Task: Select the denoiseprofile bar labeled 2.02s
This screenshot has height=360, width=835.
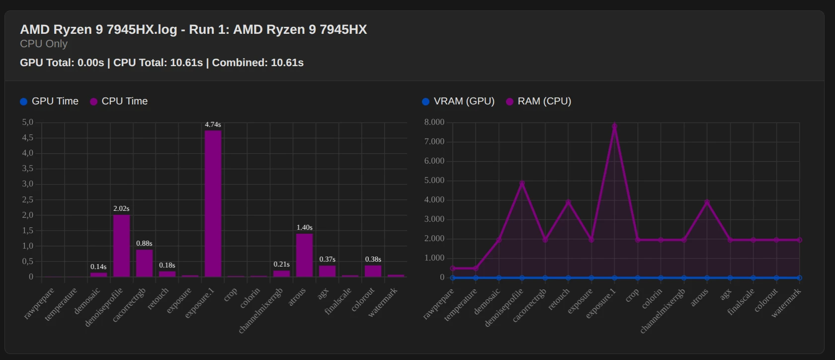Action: coord(121,246)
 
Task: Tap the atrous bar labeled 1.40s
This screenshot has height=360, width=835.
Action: coord(304,255)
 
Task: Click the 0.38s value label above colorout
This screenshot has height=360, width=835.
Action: coord(373,260)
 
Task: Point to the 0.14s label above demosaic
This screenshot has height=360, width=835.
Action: coord(98,267)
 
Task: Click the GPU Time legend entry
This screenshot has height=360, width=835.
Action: coord(49,101)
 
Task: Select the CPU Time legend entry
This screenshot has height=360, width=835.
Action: coord(119,101)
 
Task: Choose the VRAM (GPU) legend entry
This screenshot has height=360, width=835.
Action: coord(458,101)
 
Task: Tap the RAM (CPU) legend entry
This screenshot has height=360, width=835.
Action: coord(539,101)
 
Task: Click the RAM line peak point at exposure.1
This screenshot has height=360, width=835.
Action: coord(614,126)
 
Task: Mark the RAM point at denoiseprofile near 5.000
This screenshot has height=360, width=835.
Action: coord(522,183)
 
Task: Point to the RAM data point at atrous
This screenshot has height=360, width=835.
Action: coord(707,202)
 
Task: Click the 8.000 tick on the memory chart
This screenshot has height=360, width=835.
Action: coord(434,122)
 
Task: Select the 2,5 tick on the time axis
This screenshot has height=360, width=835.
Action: coord(27,199)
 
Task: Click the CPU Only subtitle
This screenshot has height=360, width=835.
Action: coord(44,44)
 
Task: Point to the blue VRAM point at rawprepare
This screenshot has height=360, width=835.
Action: coord(453,278)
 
